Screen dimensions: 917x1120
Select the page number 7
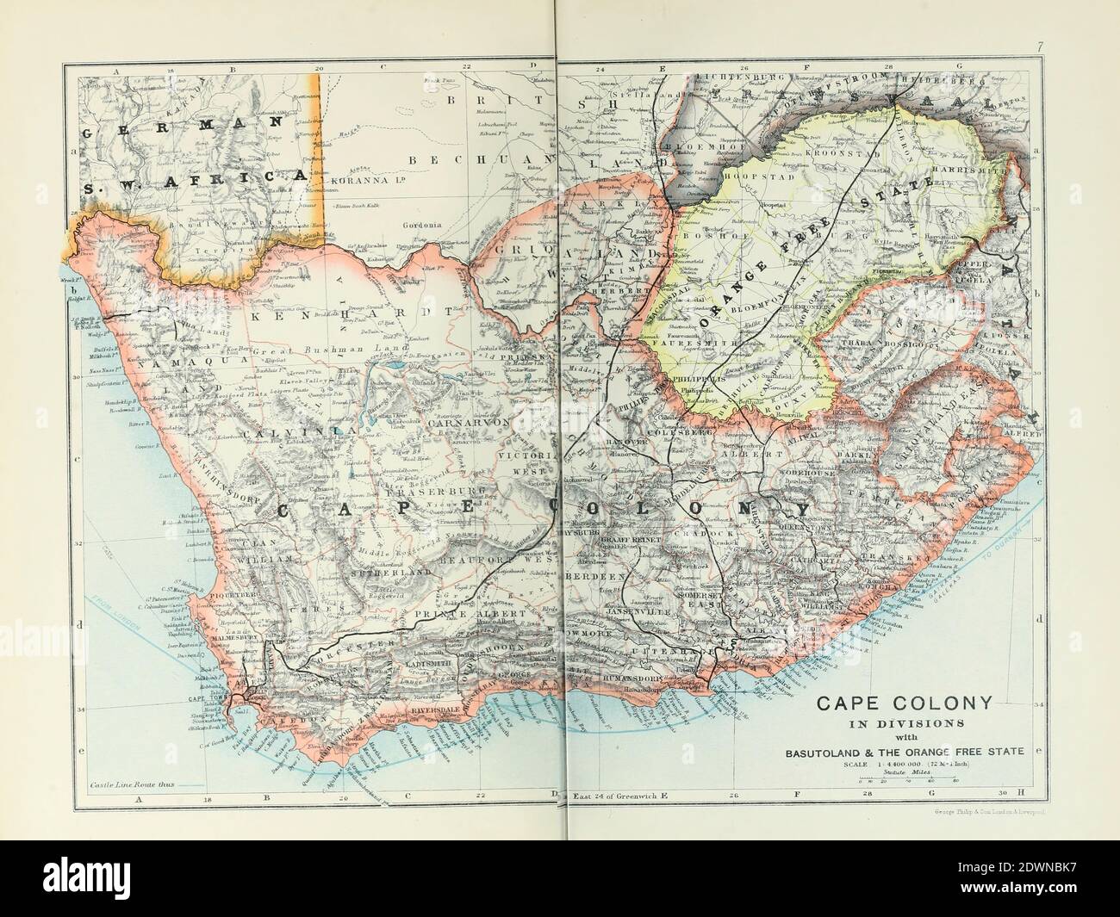click(x=1040, y=70)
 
